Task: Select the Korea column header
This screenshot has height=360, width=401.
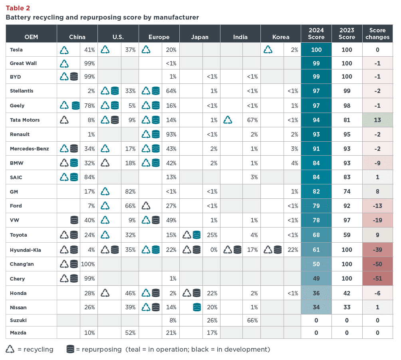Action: pos(280,37)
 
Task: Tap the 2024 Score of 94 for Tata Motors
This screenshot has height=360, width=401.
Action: pos(316,120)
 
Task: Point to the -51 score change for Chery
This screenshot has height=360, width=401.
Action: pos(377,279)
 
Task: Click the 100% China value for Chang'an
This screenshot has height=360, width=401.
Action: pos(88,264)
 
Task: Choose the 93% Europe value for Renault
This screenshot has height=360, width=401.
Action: pos(171,135)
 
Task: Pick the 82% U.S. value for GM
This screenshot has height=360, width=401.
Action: pos(130,192)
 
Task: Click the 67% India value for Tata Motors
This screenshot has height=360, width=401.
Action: pos(252,120)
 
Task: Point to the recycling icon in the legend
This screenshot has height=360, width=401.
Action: pos(11,349)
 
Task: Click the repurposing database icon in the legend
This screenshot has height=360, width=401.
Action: pos(70,349)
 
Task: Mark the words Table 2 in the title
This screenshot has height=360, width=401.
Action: pos(18,8)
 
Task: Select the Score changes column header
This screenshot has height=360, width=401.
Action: pos(377,34)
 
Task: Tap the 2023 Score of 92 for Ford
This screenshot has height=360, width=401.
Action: pos(346,206)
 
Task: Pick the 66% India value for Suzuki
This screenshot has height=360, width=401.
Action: pos(252,320)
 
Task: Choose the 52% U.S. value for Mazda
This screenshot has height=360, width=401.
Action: pos(130,333)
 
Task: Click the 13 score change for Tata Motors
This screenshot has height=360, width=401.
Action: pos(377,120)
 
